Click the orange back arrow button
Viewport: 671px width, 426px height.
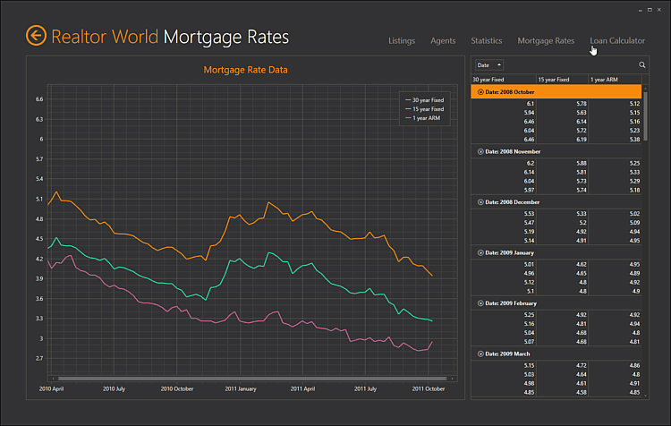36,36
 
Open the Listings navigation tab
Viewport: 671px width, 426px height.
401,41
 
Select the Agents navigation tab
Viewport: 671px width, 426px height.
443,41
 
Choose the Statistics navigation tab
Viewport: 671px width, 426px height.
487,41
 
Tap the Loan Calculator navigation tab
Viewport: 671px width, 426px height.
617,41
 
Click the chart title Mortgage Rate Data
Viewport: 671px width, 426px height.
246,70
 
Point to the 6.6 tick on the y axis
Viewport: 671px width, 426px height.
39,99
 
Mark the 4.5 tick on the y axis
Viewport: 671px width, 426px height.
39,239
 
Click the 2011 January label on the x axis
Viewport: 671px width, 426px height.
241,389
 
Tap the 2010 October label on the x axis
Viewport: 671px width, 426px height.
177,389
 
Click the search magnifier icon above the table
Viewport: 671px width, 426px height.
642,65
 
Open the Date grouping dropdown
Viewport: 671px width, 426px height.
489,65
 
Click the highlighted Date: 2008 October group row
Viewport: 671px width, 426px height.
556,91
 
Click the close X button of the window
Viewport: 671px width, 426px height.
659,9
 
